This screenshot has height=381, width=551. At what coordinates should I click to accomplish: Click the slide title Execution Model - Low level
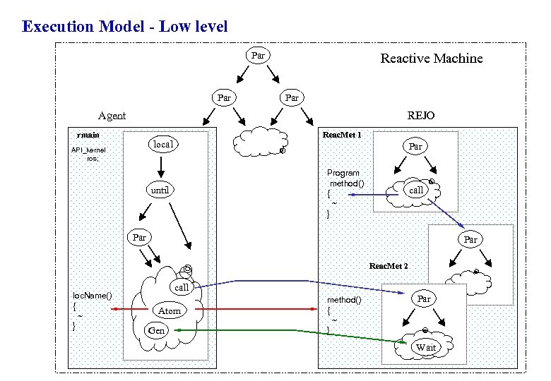point(125,28)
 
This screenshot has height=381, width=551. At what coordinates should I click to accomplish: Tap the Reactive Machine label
point(431,59)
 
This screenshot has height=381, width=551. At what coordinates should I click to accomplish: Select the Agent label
point(112,116)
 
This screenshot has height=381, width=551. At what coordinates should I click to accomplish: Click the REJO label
point(421,116)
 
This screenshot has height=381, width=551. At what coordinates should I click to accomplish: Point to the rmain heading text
point(88,135)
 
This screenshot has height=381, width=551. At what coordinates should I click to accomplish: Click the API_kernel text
point(88,150)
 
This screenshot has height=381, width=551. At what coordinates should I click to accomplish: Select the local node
point(162,144)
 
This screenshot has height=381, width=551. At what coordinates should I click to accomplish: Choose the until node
point(160,190)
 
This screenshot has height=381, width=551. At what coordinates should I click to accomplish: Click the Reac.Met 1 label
point(342,134)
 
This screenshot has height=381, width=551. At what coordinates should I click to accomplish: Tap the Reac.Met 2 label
point(388,266)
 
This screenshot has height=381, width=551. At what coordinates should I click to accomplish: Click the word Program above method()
point(343,173)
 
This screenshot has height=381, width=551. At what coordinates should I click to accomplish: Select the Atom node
point(169,310)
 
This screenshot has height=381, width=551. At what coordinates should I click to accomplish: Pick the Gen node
point(156,330)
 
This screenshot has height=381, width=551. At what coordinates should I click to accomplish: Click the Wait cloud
point(425,346)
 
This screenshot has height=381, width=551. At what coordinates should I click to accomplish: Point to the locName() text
point(93,295)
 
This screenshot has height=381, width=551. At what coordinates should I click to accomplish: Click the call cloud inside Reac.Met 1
point(416,190)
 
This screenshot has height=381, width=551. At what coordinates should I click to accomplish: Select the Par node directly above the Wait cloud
point(423,298)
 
